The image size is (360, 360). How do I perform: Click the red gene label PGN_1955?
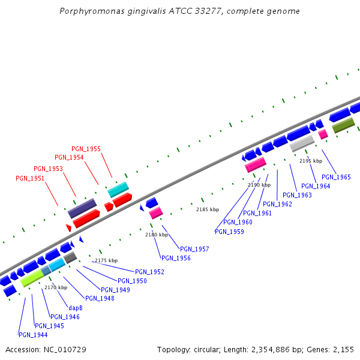pyautogui.click(x=86, y=149)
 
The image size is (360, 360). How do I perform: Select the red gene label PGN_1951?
pyautogui.click(x=30, y=178)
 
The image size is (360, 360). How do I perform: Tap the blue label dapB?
pyautogui.click(x=75, y=308)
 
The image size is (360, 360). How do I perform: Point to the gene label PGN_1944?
pyautogui.click(x=33, y=335)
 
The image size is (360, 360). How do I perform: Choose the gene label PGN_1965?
pyautogui.click(x=336, y=177)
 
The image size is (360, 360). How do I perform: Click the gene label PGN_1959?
pyautogui.click(x=229, y=232)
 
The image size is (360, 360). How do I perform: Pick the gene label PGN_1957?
pyautogui.click(x=194, y=249)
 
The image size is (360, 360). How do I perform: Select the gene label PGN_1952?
pyautogui.click(x=149, y=272)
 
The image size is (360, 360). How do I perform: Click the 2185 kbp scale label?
pyautogui.click(x=208, y=209)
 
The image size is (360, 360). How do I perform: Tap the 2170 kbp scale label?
pyautogui.click(x=55, y=287)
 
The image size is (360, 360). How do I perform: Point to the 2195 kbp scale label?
pyautogui.click(x=310, y=161)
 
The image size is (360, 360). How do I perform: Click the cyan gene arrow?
pyautogui.click(x=118, y=190)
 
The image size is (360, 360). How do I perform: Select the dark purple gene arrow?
pyautogui.click(x=82, y=209)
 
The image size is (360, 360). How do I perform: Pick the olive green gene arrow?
pyautogui.click(x=343, y=125)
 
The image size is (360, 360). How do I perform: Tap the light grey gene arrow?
pyautogui.click(x=302, y=143)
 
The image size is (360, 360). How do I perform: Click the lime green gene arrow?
pyautogui.click(x=32, y=278)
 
